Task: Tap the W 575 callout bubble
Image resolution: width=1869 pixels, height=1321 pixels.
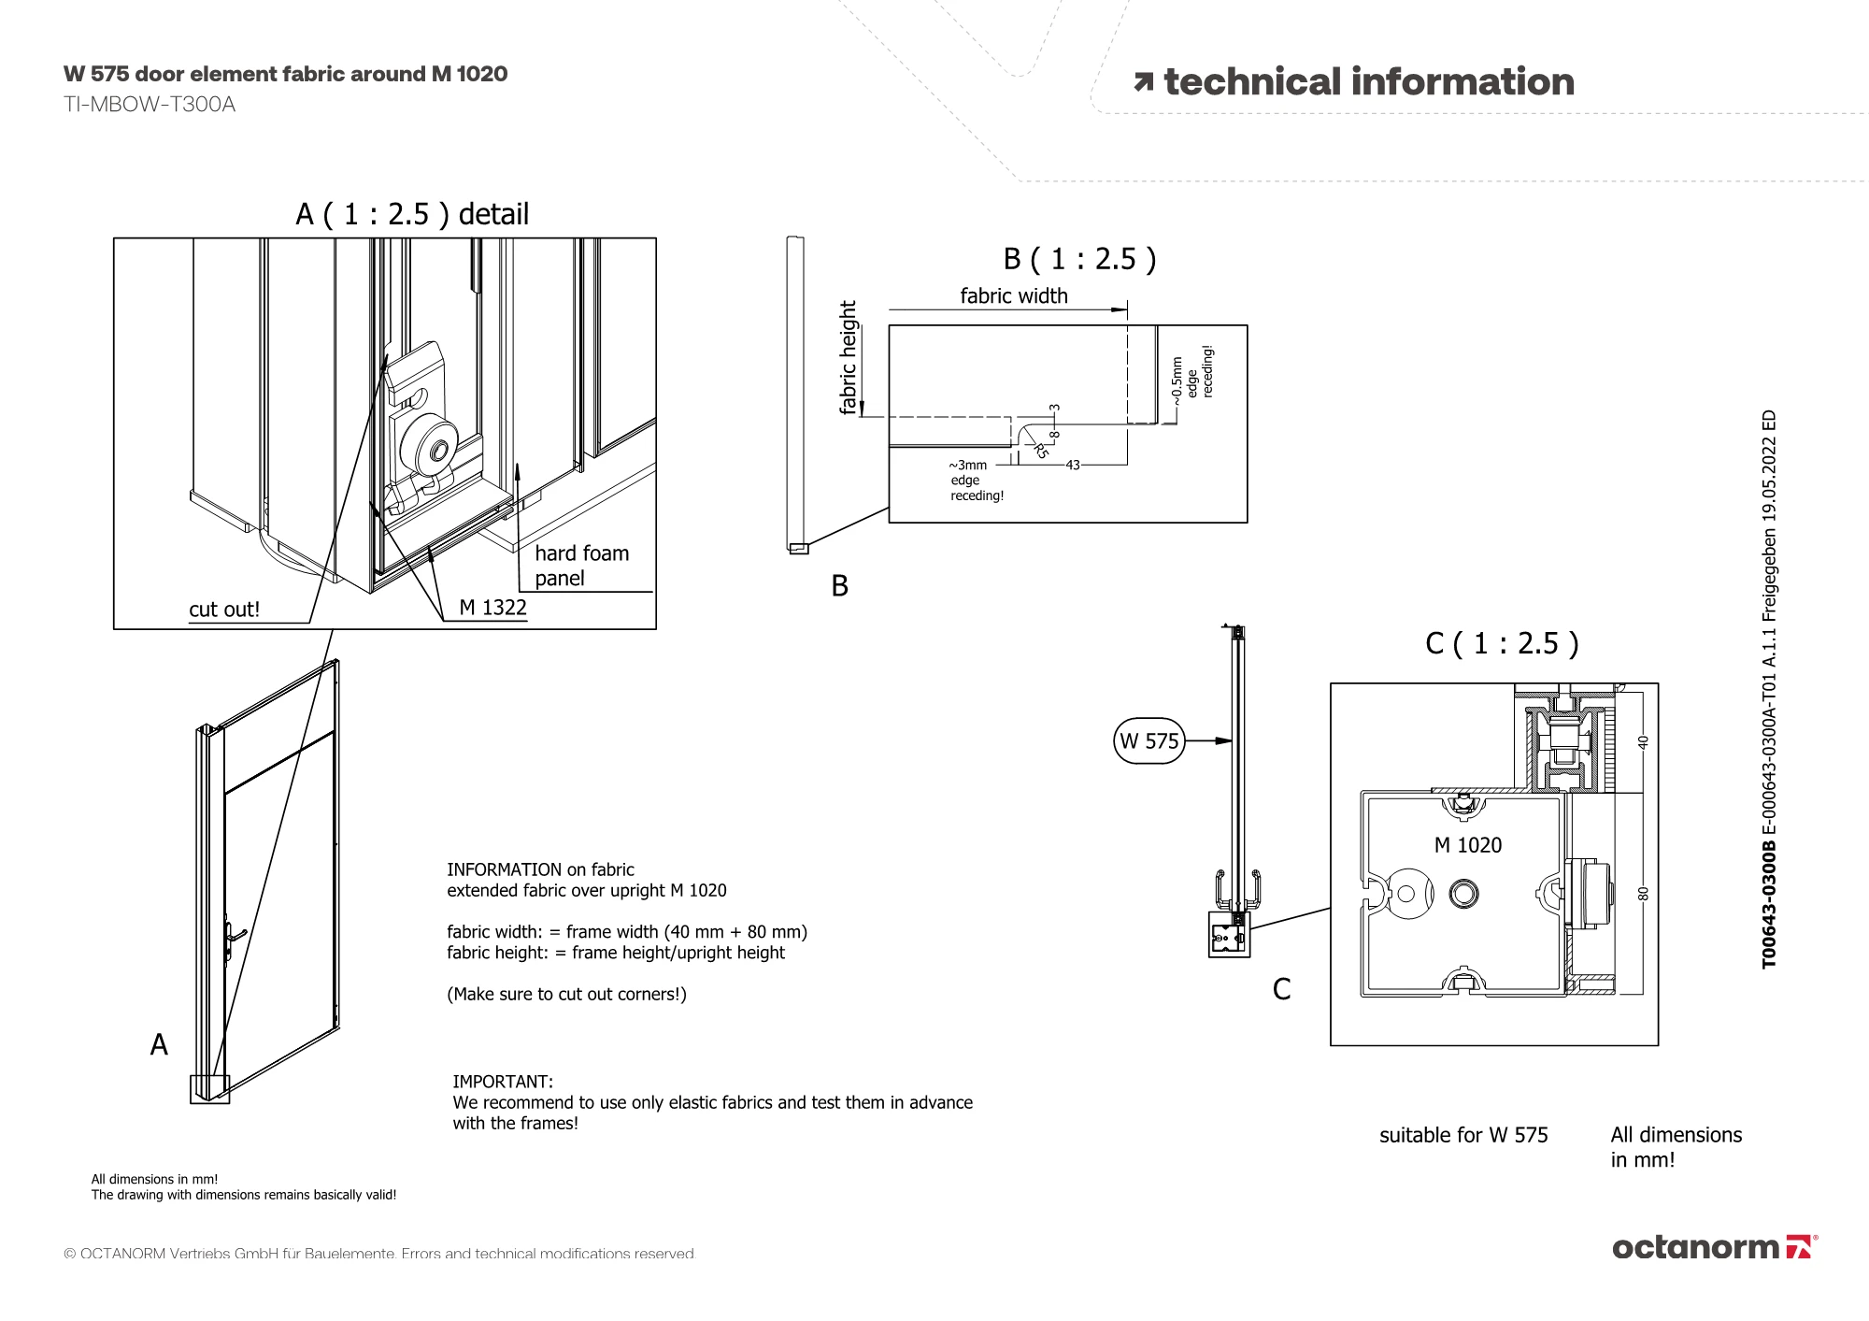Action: coord(1149,741)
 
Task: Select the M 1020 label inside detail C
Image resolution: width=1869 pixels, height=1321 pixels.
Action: coord(1467,845)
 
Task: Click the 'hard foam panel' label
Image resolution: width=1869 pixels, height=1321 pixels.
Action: coord(581,566)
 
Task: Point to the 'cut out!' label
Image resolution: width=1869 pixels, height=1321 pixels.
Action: coord(224,610)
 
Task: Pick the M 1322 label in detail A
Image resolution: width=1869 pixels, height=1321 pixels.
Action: coord(492,608)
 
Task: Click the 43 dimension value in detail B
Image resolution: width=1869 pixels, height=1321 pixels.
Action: coord(1072,465)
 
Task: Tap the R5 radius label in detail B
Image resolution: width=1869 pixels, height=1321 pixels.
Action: coord(1041,452)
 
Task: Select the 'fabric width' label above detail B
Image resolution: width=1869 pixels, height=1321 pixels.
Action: coord(1014,296)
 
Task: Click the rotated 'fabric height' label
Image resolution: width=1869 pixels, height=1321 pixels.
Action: coord(848,357)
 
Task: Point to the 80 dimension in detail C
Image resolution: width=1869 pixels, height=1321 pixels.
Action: coord(1644,894)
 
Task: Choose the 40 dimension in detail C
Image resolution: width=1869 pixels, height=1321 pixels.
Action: coord(1644,742)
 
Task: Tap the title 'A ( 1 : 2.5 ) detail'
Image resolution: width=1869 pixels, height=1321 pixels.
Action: coord(412,214)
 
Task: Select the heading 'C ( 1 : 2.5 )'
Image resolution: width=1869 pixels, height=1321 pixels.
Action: coord(1502,643)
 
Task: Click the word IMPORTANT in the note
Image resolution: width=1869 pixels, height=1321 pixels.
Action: coord(503,1082)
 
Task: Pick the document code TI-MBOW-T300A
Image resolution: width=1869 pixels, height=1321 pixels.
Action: coord(150,105)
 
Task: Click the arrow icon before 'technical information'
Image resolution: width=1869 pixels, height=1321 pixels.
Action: coord(1143,82)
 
